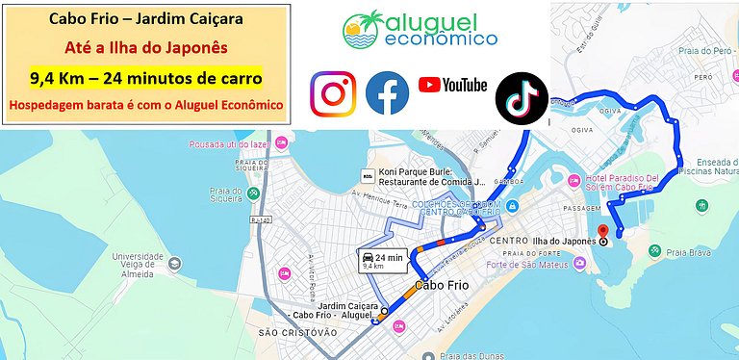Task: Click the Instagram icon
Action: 333,94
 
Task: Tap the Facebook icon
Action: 388,94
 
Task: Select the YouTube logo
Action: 452,86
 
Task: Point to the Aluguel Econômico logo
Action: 420,30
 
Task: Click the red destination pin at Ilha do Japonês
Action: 603,231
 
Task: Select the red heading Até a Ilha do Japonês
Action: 147,48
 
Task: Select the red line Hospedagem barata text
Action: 147,104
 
